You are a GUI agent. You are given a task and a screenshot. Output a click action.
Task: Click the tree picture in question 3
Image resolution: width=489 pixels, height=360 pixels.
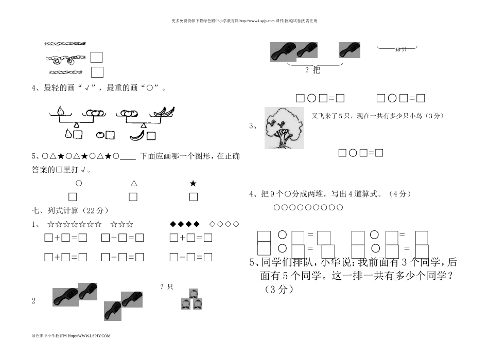(282, 128)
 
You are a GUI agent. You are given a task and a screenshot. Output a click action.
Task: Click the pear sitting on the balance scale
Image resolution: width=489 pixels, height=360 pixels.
(61, 111)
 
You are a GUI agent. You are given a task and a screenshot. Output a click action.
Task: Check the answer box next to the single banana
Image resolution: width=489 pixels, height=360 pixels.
(151, 135)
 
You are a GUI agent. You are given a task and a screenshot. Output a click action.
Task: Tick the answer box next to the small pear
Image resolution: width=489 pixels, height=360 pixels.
(78, 135)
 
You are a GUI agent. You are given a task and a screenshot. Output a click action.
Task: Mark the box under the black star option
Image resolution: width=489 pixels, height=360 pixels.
(194, 196)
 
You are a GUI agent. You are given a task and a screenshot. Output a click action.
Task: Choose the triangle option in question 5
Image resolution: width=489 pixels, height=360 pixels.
(133, 183)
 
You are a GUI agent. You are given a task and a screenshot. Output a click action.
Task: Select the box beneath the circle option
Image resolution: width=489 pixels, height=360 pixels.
(73, 196)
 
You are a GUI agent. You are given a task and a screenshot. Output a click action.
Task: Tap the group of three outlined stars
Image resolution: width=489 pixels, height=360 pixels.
(121, 224)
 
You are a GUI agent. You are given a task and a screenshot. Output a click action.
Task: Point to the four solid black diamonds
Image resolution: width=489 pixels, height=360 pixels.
(184, 224)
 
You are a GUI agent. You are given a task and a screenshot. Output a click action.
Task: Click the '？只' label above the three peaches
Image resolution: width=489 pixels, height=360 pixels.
(166, 286)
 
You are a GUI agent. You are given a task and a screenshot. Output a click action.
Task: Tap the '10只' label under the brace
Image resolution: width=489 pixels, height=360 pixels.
(400, 49)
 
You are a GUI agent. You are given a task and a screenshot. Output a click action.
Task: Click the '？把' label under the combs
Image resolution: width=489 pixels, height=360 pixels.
(312, 70)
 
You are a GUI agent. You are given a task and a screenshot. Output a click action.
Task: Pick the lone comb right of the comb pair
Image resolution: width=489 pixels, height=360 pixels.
(350, 50)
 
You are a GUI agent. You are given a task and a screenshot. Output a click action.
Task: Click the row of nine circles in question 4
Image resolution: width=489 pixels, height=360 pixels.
(308, 207)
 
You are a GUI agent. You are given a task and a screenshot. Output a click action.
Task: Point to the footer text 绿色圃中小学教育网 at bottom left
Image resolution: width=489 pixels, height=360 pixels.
(71, 335)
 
